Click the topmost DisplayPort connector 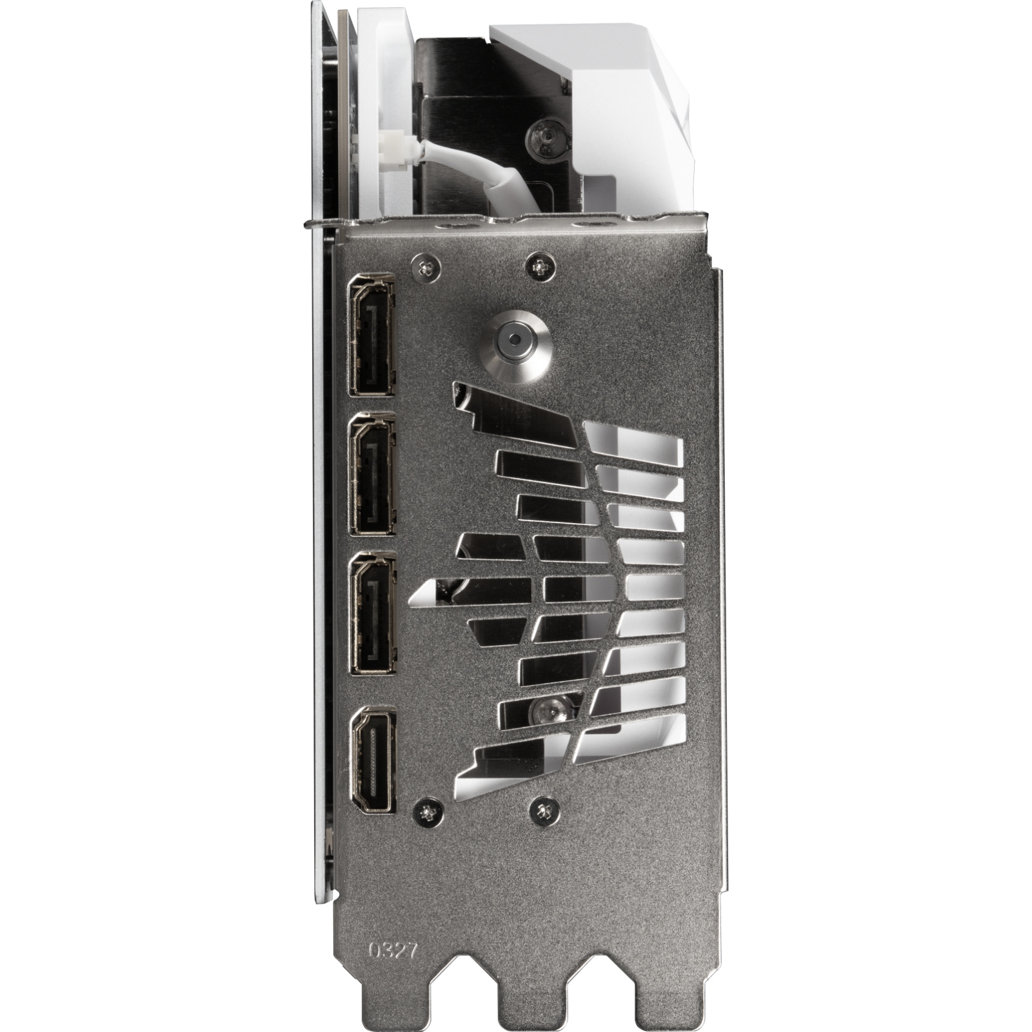[x=372, y=334]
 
